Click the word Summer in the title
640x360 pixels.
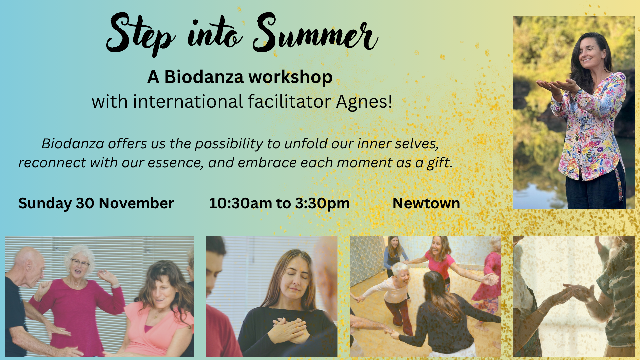click(x=315, y=33)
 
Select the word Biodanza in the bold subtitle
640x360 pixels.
click(x=204, y=77)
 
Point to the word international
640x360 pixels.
click(x=188, y=102)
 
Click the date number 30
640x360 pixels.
click(x=85, y=203)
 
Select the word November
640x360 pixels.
click(x=136, y=203)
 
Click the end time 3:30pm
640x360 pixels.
click(x=322, y=204)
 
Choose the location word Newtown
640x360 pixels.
click(x=426, y=203)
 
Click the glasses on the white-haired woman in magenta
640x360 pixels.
click(x=80, y=263)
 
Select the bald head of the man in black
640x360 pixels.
click(x=28, y=263)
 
